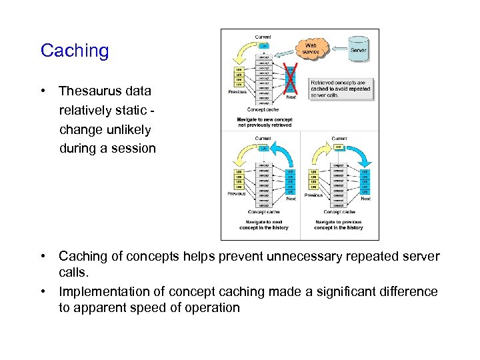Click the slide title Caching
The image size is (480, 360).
[75, 51]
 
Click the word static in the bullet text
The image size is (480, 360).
[137, 110]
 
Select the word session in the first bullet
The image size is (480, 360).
[133, 148]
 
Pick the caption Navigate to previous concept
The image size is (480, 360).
[339, 224]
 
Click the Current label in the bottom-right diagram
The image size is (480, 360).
[339, 139]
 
